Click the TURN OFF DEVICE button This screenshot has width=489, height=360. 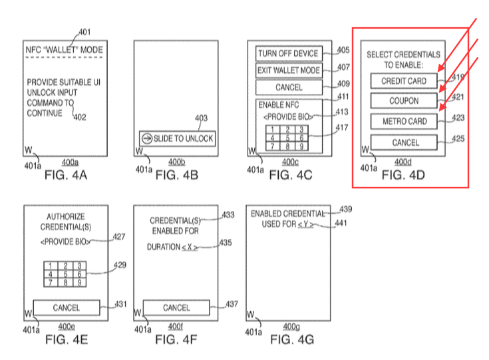tap(288, 54)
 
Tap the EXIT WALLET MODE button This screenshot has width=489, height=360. tap(288, 71)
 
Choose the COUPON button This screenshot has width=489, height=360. tap(404, 101)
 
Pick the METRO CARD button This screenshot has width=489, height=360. tap(404, 122)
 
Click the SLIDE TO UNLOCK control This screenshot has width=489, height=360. tap(177, 138)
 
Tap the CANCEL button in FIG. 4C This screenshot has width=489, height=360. tap(288, 87)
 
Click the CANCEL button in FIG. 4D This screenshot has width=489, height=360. tap(404, 142)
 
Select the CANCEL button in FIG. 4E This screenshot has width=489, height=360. tap(66, 308)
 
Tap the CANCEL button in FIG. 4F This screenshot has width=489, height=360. tap(176, 308)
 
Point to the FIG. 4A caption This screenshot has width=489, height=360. tap(66, 176)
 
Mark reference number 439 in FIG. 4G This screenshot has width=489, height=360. tap(346, 209)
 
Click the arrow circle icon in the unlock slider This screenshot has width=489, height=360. tap(147, 138)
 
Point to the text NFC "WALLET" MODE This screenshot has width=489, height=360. tap(65, 49)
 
